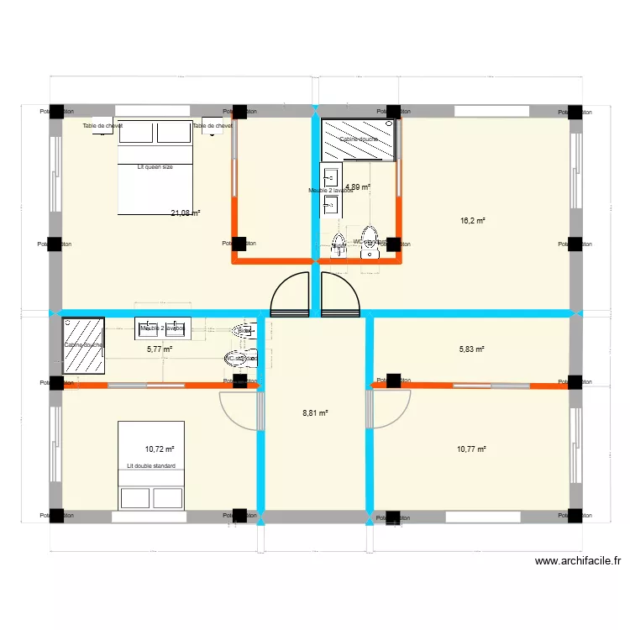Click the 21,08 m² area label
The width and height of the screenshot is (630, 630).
pyautogui.click(x=185, y=213)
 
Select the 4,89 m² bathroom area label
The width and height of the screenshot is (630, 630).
pyautogui.click(x=358, y=187)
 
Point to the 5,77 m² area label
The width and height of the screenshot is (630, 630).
pyautogui.click(x=159, y=349)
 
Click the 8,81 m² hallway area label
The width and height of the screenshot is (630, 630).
pyautogui.click(x=315, y=413)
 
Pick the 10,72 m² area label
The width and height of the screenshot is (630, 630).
pyautogui.click(x=159, y=449)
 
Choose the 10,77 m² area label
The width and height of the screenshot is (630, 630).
pyautogui.click(x=471, y=449)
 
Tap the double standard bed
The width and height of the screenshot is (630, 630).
pyautogui.click(x=151, y=465)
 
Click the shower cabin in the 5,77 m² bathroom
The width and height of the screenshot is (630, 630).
pyautogui.click(x=84, y=344)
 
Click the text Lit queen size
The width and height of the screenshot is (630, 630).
pyautogui.click(x=155, y=167)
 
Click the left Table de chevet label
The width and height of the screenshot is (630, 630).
pyautogui.click(x=102, y=126)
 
